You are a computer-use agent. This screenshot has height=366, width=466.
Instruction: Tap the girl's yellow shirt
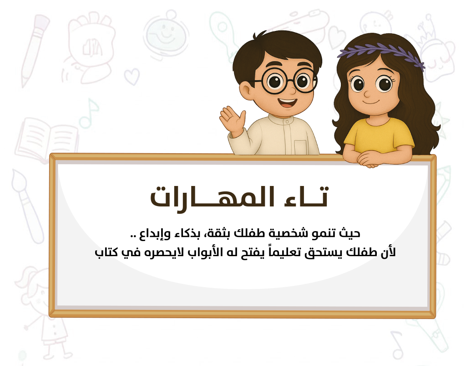379,135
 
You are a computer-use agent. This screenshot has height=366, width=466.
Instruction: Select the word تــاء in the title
306,196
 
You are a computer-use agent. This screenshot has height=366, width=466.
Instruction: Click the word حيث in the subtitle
351,233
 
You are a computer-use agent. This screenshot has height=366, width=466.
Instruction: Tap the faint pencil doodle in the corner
34,51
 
